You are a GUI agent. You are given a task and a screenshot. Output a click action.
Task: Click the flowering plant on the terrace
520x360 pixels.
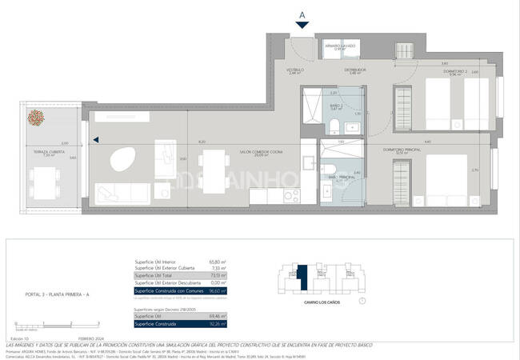click(36, 118)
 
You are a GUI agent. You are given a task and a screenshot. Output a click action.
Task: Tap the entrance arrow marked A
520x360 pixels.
click(302, 24)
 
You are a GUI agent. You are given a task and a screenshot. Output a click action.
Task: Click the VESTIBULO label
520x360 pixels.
click(294, 70)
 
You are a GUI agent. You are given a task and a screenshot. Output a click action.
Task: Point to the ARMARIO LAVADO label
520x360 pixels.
click(340, 46)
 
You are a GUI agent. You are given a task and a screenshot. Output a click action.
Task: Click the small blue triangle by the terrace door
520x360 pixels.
click(96, 141)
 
